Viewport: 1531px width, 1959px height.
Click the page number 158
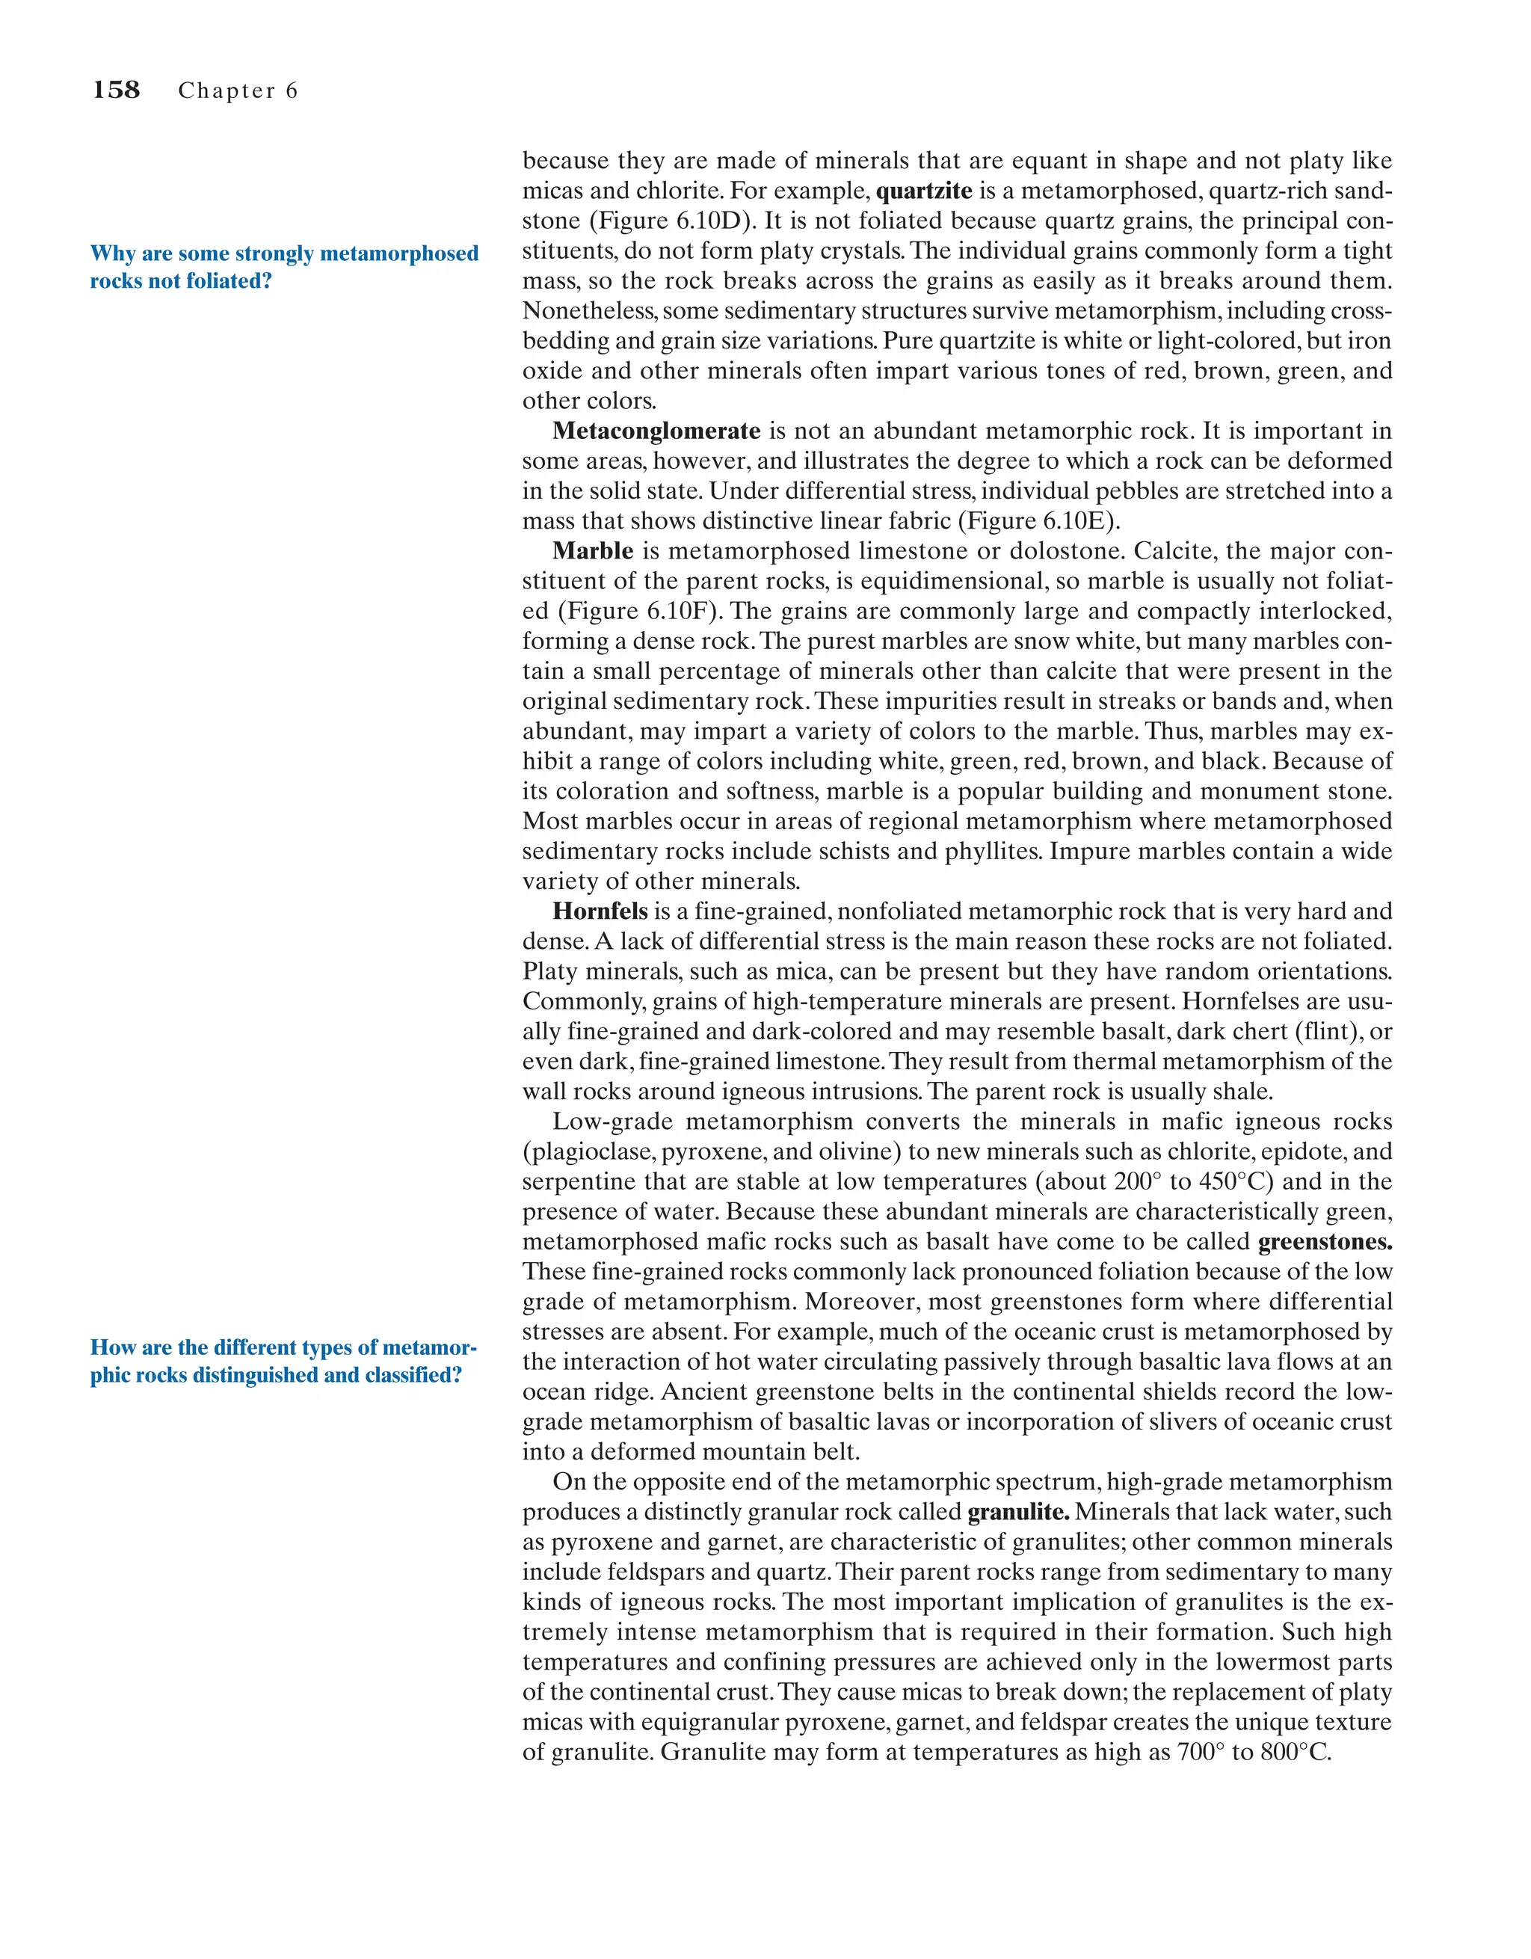[x=117, y=90]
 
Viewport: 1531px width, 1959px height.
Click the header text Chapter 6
[x=238, y=90]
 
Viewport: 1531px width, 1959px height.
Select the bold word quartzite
[x=923, y=191]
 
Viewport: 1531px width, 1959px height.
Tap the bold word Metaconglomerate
[x=656, y=431]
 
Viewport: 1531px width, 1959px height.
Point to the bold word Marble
[x=592, y=551]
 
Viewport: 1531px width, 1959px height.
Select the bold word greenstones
[x=1325, y=1242]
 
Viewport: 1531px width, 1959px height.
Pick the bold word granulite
[x=1017, y=1513]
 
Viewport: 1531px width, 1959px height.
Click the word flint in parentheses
[x=1316, y=1032]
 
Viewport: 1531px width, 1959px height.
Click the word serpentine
[x=576, y=1182]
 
